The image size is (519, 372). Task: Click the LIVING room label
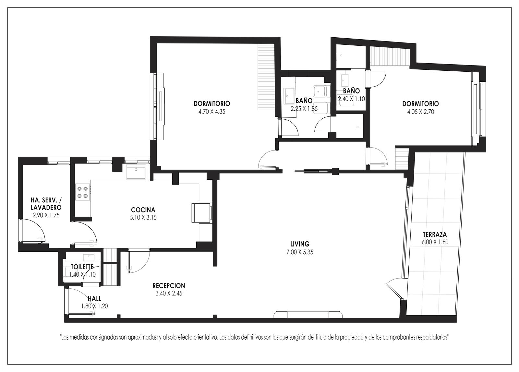click(300, 244)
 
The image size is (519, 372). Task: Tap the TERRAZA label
click(435, 234)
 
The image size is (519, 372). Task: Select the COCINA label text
click(143, 210)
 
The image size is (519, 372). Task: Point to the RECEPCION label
click(169, 286)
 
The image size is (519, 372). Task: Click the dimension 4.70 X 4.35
click(212, 112)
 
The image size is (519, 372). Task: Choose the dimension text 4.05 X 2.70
click(420, 112)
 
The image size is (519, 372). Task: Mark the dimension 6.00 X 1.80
click(435, 242)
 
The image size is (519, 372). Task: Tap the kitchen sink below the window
click(136, 172)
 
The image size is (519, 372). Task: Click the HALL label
click(94, 298)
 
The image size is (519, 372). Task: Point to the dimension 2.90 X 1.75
click(46, 215)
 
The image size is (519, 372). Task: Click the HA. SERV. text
click(46, 200)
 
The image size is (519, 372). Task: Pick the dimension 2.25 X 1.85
click(304, 109)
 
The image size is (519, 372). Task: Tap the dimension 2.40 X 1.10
click(352, 99)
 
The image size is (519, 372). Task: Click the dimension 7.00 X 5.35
click(300, 252)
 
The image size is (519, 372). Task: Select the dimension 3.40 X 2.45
click(169, 294)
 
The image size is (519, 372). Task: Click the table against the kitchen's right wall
click(201, 213)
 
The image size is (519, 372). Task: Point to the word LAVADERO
click(46, 207)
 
